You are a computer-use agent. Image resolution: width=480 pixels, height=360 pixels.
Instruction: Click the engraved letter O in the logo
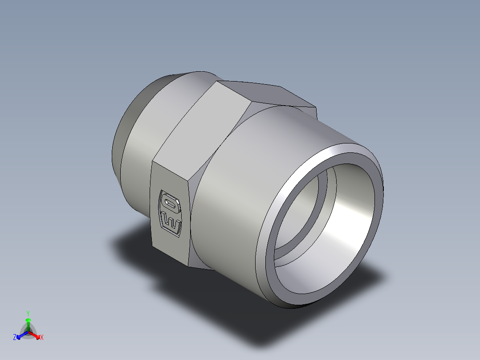pos(170,202)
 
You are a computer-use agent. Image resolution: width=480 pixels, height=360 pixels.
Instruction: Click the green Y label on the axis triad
pos(28,313)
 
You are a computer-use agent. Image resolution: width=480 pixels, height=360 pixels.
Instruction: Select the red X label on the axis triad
pos(42,338)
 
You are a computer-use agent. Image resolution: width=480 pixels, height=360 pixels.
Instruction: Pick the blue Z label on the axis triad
pos(15,338)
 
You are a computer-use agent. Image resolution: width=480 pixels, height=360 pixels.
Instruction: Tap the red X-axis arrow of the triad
pos(36,334)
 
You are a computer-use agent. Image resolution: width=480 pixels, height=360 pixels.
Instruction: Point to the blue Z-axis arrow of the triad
pos(20,335)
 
